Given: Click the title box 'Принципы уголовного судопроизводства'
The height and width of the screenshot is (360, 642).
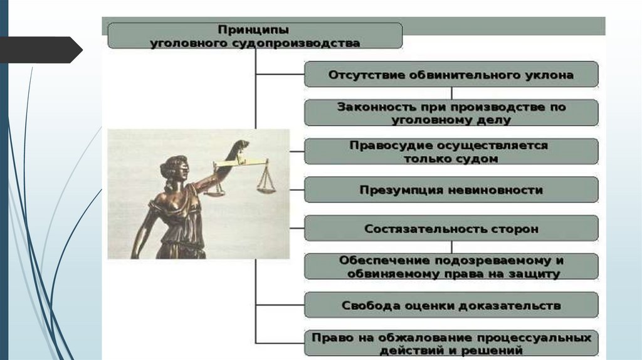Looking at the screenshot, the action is (x=255, y=36).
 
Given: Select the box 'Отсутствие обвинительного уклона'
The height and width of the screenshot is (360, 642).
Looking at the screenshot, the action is (x=451, y=75).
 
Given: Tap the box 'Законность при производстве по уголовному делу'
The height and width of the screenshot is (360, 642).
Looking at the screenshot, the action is (x=451, y=114).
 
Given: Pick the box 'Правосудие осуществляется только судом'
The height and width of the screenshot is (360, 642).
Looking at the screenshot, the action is (x=451, y=152).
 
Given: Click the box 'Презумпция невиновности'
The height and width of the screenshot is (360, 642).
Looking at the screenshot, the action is (x=451, y=189).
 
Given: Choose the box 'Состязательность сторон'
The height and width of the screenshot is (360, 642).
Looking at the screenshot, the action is (x=451, y=228).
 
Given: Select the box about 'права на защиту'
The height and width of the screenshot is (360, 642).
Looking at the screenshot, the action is (x=451, y=267).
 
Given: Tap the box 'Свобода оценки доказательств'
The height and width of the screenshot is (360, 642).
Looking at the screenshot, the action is (x=451, y=305).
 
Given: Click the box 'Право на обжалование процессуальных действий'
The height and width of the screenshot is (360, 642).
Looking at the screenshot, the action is (x=451, y=344).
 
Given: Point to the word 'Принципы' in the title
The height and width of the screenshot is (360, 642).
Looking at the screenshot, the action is (x=253, y=29).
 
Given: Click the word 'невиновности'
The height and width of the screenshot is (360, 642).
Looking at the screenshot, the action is (x=497, y=190).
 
